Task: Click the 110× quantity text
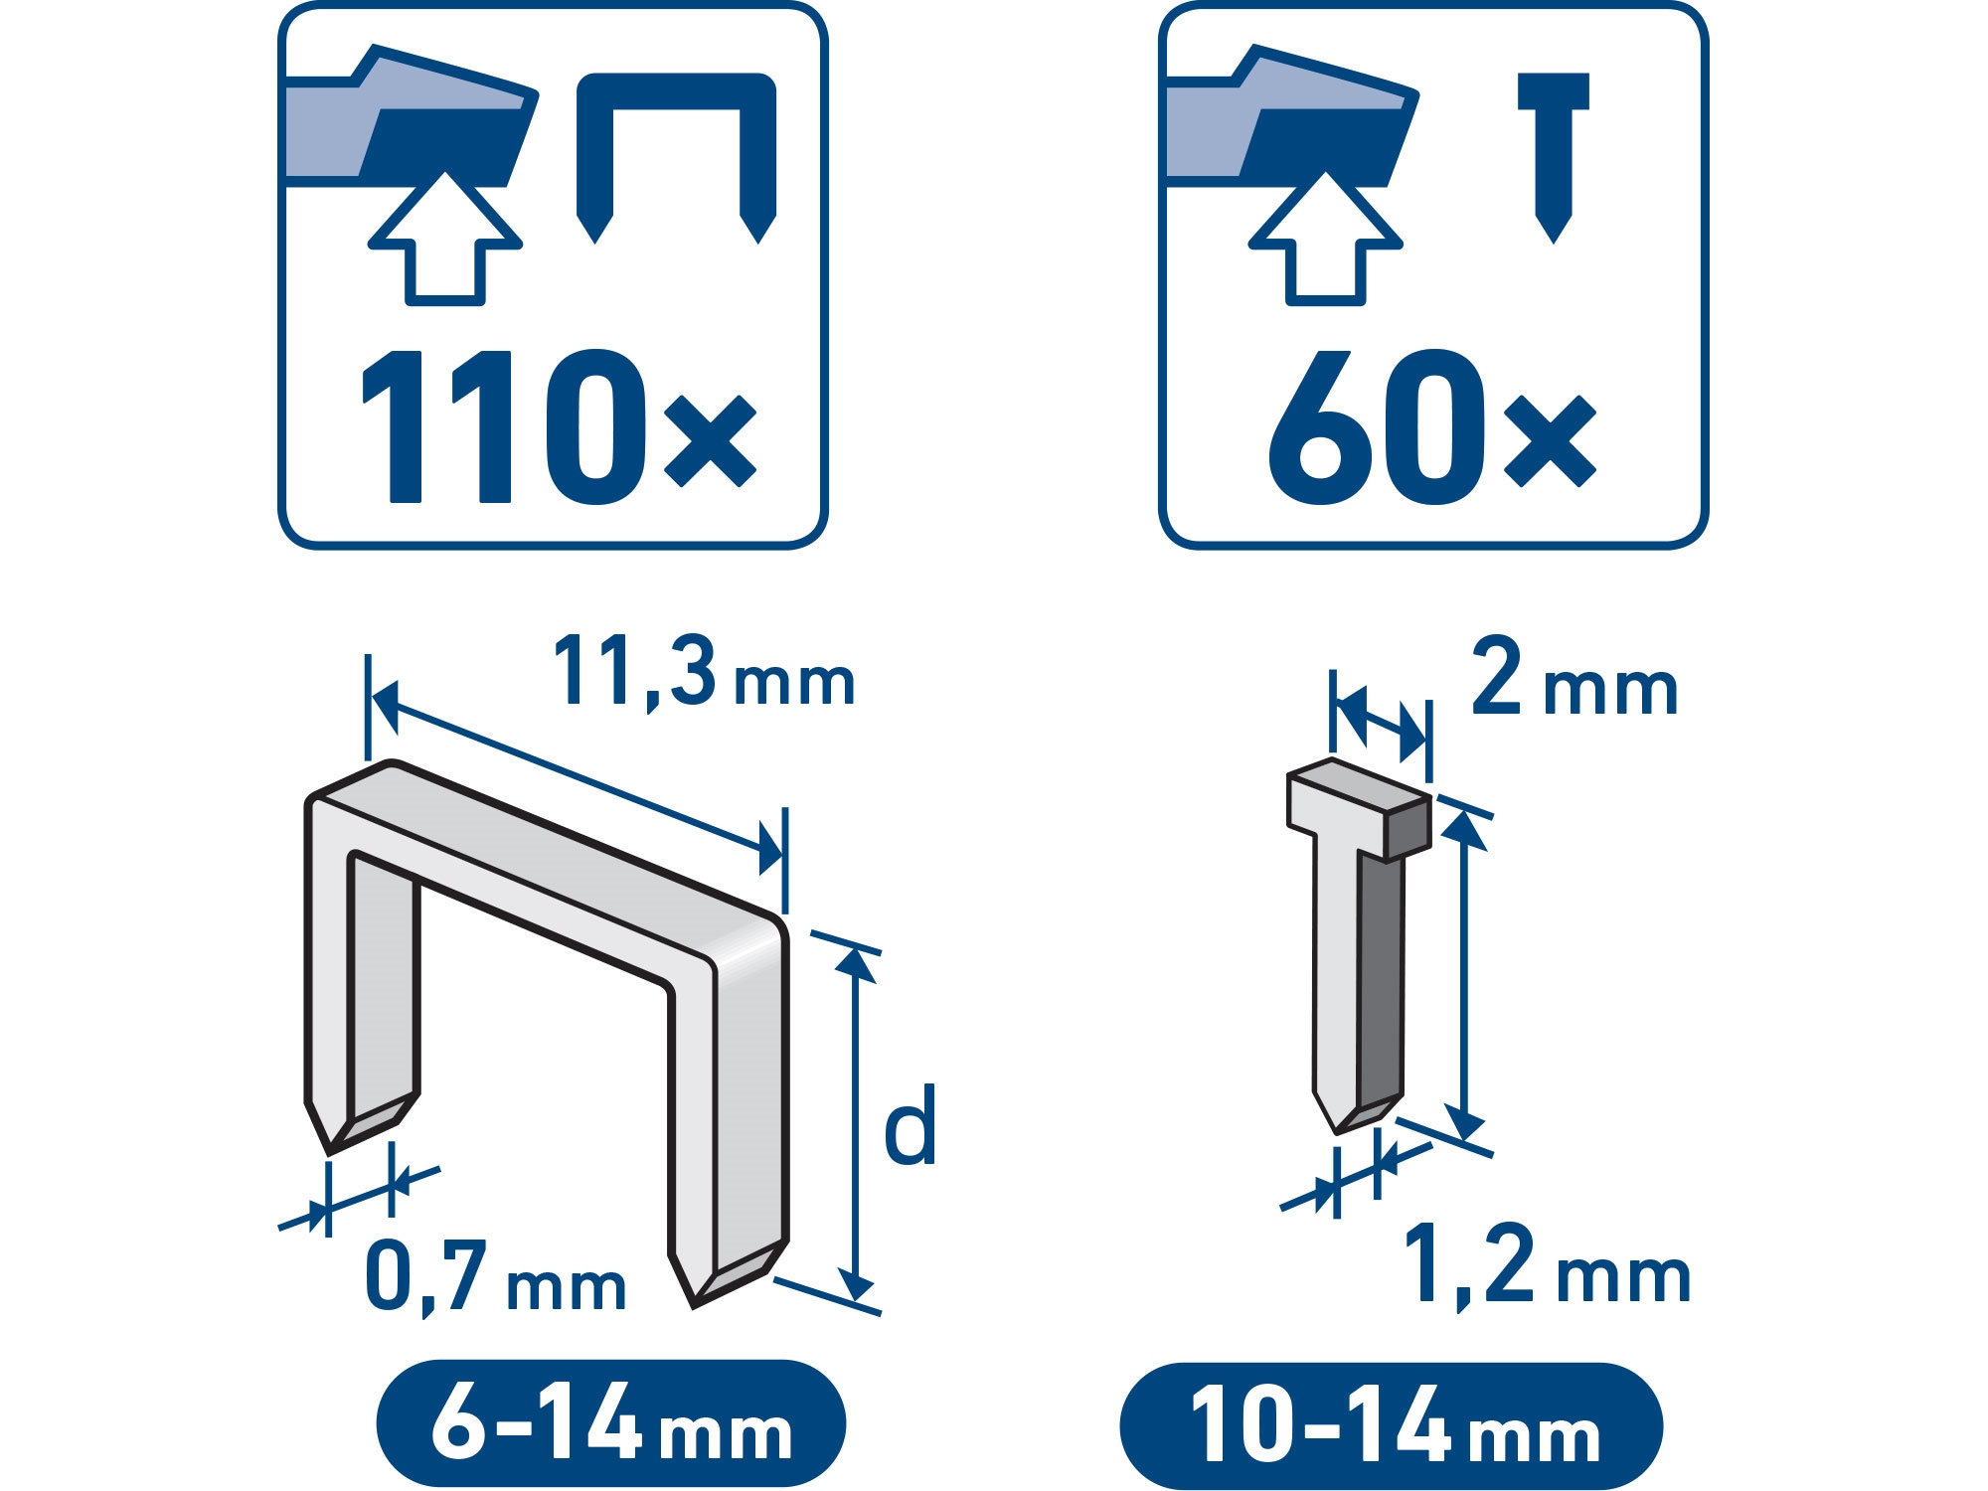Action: (x=560, y=425)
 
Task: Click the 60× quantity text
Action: (x=1432, y=425)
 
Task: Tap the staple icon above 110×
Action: (x=676, y=157)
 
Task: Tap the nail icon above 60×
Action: (x=1554, y=157)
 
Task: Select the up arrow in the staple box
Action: (x=445, y=239)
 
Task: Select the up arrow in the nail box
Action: (x=1326, y=239)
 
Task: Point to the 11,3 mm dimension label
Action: (x=704, y=674)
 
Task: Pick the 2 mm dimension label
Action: (x=1574, y=678)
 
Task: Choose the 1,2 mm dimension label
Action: (x=1547, y=1265)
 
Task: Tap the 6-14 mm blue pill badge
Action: (x=610, y=1423)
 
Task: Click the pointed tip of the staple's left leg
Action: (x=329, y=1153)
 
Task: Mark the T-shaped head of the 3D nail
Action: (x=1359, y=809)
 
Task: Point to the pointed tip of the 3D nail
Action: (x=1335, y=1132)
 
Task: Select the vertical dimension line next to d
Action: (x=855, y=1124)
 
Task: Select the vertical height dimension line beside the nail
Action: (x=1463, y=975)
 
